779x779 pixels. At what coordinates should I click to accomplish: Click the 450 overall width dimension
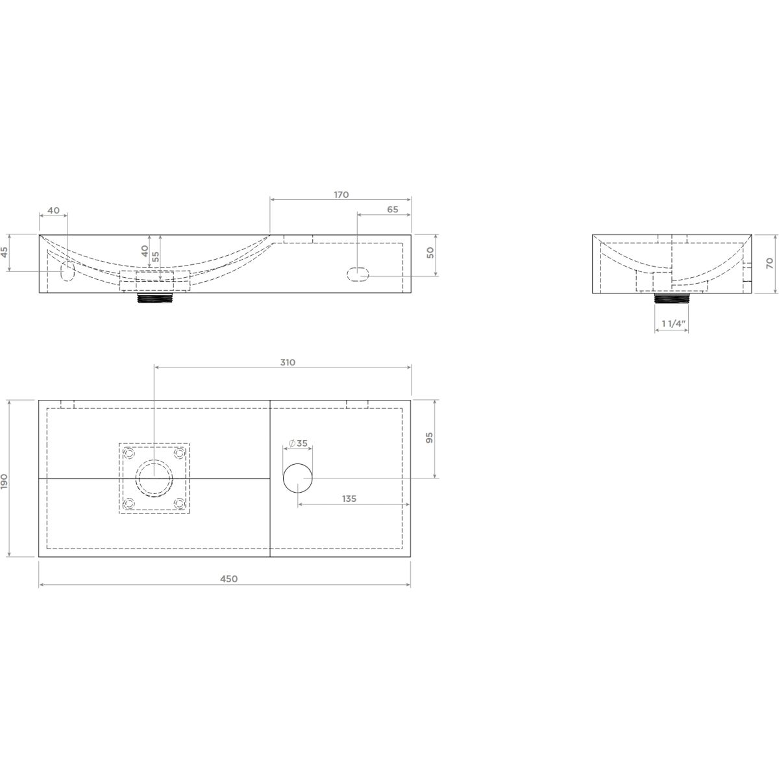point(229,579)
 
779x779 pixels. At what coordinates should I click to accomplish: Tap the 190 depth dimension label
point(5,482)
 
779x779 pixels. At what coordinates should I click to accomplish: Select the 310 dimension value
point(288,362)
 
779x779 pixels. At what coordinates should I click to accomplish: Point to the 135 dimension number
point(349,499)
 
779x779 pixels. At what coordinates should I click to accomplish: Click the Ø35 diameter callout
point(299,443)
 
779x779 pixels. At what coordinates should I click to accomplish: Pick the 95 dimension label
point(429,438)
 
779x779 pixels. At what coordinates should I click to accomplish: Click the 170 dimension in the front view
point(341,195)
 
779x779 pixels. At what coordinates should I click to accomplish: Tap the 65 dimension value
point(393,210)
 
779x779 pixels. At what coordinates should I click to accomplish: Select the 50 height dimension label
point(430,253)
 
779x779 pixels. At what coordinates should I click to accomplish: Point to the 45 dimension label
point(5,252)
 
